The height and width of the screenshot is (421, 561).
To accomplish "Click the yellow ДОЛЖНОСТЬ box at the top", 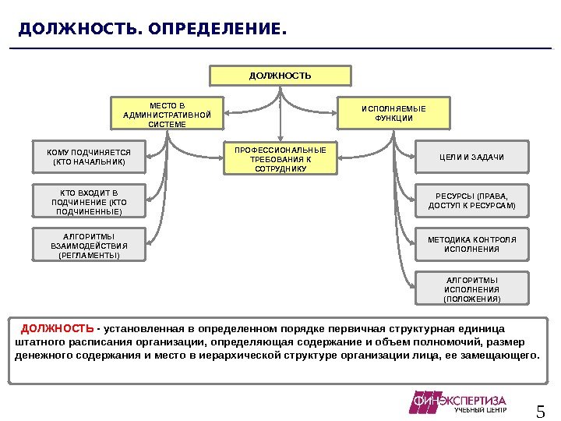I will [280, 76].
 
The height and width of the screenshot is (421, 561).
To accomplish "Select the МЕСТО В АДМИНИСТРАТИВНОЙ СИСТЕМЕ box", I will [167, 114].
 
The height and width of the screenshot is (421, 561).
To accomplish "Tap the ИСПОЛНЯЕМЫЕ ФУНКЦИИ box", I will [393, 113].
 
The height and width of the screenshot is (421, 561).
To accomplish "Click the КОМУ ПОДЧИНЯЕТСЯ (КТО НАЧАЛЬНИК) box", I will [88, 157].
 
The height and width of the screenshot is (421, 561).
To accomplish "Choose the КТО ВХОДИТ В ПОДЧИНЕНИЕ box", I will [90, 201].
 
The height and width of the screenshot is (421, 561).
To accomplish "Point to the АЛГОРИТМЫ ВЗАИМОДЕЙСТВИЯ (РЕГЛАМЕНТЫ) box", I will [90, 245].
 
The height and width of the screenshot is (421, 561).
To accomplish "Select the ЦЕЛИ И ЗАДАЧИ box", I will [472, 157].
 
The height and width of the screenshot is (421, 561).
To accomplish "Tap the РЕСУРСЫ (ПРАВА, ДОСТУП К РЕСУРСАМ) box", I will [472, 200].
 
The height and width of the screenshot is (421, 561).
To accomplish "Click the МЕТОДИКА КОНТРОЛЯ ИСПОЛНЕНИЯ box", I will [472, 243].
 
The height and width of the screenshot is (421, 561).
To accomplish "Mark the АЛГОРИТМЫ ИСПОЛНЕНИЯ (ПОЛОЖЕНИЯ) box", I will [472, 288].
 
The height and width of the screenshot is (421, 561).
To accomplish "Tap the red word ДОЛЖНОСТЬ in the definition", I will [58, 327].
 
